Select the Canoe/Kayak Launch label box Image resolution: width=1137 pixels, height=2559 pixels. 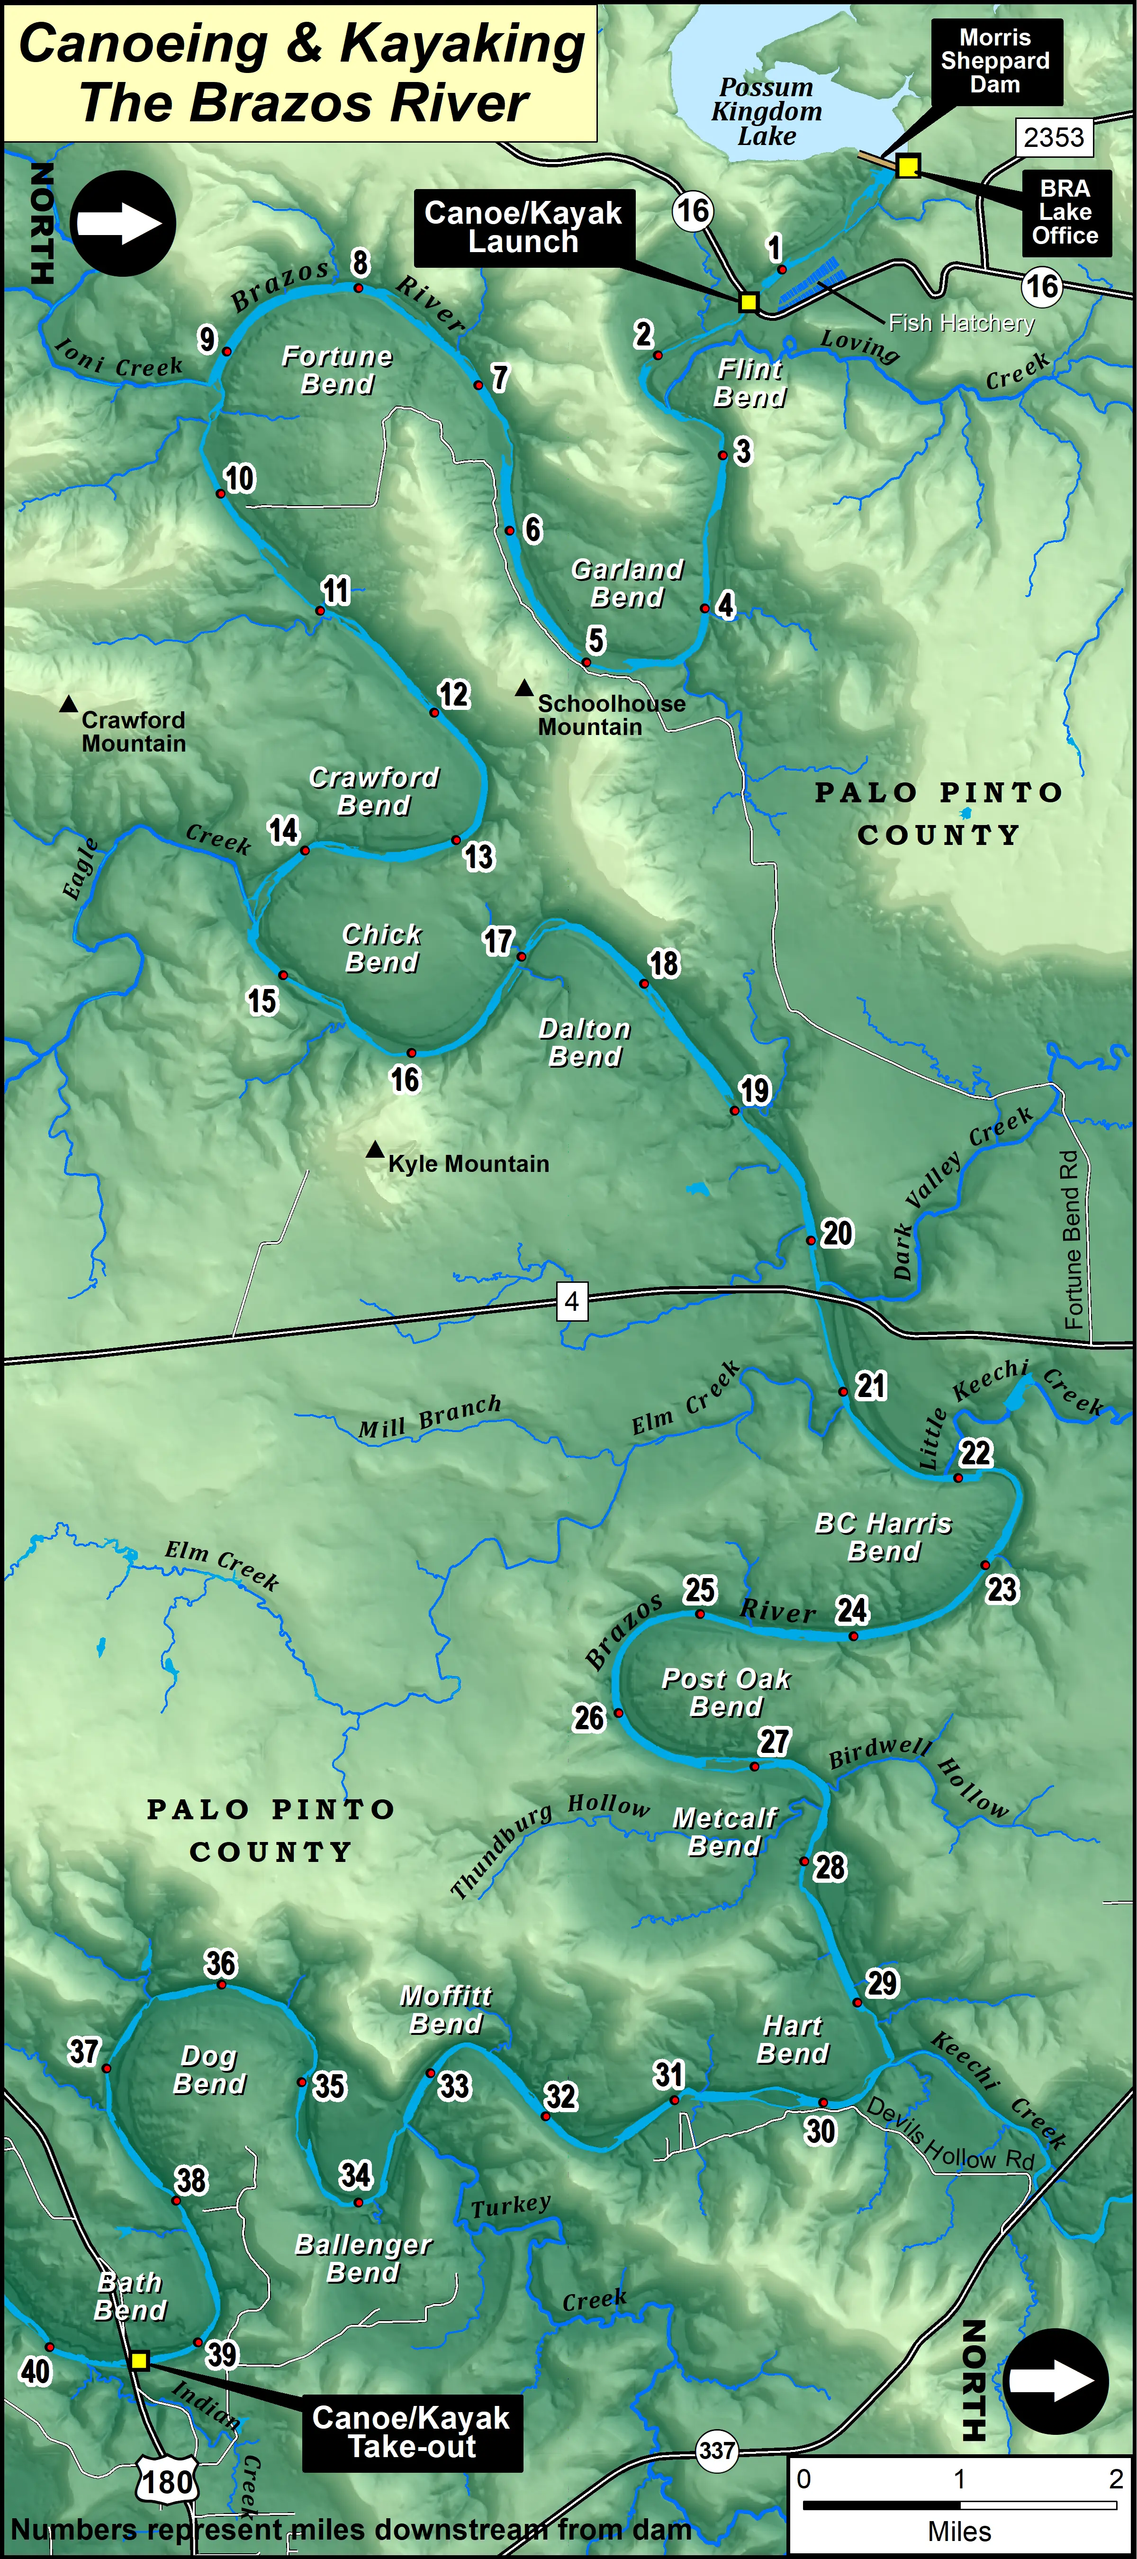coord(523,227)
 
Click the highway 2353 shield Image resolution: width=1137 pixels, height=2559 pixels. coord(1054,137)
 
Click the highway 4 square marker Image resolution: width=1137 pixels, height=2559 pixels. coord(571,1300)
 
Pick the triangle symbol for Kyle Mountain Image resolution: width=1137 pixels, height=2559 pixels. coord(374,1149)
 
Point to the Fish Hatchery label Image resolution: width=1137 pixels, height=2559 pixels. coord(960,323)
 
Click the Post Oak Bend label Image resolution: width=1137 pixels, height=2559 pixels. coord(726,1692)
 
